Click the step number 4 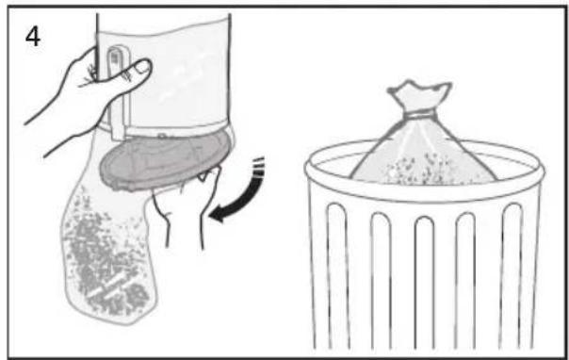pos(33,37)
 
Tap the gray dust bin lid pos(166,159)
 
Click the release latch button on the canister pos(114,60)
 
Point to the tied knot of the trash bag pos(421,115)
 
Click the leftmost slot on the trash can pos(338,276)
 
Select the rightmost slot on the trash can pos(512,276)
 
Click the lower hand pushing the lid pos(185,206)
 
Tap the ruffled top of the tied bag pos(419,94)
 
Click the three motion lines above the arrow pos(258,166)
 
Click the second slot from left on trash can pos(381,280)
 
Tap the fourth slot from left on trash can pos(466,280)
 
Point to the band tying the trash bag pos(421,115)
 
